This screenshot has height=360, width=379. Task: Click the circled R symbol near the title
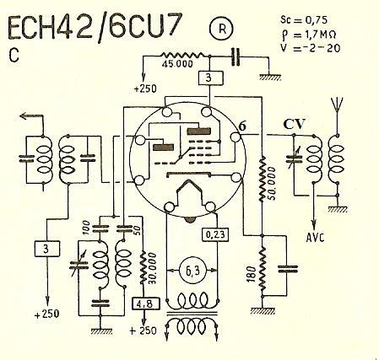tap(222, 29)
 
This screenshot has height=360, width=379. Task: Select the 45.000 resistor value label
tap(177, 64)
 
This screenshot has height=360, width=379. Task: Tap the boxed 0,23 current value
tap(215, 234)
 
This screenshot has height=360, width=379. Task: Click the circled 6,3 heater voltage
tap(192, 271)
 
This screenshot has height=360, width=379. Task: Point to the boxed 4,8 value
tap(146, 304)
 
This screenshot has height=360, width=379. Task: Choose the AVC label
tap(315, 238)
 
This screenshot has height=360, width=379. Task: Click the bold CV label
tap(294, 124)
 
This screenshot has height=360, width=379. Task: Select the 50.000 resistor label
tap(272, 184)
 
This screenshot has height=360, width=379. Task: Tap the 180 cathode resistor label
tap(252, 274)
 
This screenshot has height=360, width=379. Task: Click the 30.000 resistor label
tap(152, 268)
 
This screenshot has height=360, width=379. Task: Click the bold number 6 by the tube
tap(242, 126)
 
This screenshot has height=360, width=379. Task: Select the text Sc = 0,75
tap(304, 20)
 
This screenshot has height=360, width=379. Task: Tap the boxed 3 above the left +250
tap(47, 249)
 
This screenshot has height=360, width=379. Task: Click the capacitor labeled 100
tap(100, 228)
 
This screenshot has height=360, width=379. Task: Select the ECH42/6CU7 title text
tap(94, 27)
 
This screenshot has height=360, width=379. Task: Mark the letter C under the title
tap(14, 56)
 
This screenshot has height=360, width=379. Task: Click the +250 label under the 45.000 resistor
tap(145, 89)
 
